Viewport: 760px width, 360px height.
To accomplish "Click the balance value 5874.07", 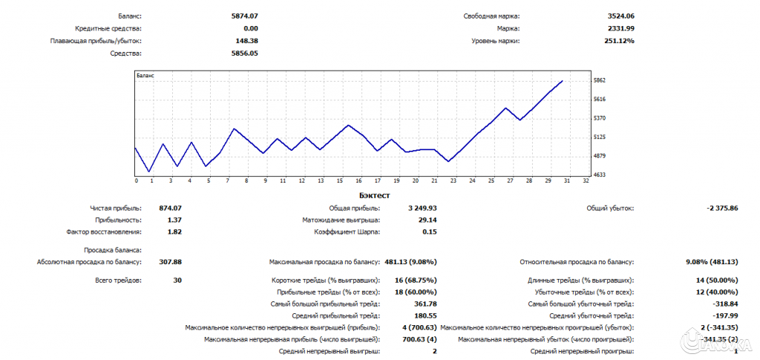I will (246, 16).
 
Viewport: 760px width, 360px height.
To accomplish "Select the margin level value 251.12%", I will (620, 41).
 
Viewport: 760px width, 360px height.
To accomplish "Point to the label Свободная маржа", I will (492, 16).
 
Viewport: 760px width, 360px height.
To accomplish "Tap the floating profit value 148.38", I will (247, 41).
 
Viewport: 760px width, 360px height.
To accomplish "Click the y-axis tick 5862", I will (600, 80).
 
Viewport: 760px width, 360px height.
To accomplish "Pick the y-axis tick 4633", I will (600, 174).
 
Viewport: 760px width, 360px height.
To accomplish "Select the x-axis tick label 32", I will (586, 180).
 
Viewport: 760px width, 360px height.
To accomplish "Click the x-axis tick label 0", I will (136, 180).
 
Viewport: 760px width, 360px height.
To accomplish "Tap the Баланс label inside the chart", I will (145, 76).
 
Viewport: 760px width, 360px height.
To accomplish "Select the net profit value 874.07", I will (170, 209).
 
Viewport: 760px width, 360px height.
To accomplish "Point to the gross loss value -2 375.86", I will (722, 209).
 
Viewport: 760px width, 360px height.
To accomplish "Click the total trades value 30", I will (177, 280).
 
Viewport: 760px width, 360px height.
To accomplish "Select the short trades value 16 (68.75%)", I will (416, 280).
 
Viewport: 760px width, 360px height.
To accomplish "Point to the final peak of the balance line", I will (562, 81).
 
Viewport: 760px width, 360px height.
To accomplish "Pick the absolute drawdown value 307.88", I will (170, 261).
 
